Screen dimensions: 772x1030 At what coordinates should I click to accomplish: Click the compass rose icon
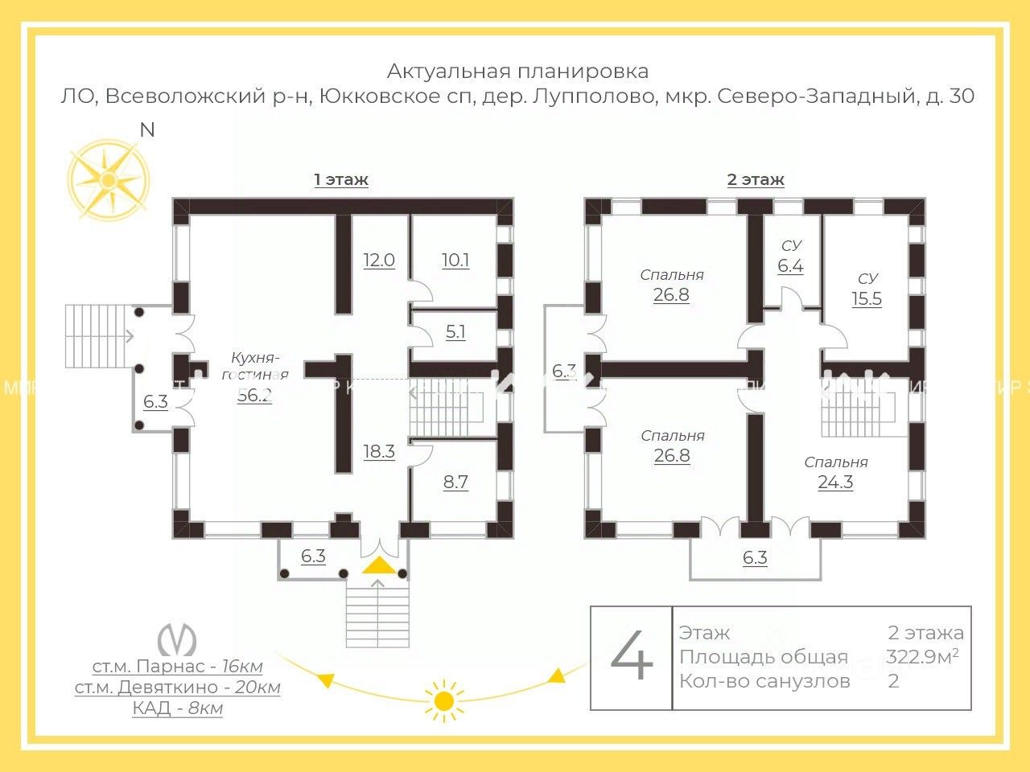tap(108, 179)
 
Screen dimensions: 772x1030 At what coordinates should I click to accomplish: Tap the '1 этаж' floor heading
tap(341, 179)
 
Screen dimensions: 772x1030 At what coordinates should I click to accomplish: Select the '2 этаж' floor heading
tap(755, 179)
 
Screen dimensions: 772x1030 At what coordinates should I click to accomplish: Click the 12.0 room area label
tap(379, 261)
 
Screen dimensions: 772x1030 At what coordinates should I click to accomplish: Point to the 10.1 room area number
tap(455, 261)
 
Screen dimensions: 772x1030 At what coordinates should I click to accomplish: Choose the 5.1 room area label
tap(455, 331)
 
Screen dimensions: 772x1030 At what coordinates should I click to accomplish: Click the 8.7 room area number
tap(455, 482)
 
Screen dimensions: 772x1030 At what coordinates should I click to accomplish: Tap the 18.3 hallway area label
tap(379, 452)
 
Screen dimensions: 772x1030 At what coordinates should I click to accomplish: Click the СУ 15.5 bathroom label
tap(867, 289)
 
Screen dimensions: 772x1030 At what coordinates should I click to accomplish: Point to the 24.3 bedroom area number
tap(835, 482)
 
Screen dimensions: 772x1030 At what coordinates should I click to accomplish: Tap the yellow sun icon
tap(443, 700)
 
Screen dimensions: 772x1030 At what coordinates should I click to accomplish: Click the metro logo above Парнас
tap(177, 639)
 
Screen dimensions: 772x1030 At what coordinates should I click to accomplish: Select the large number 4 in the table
tap(632, 657)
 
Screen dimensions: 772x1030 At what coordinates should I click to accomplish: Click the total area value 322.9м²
tap(922, 657)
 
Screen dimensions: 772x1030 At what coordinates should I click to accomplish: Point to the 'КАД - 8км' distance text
tap(178, 708)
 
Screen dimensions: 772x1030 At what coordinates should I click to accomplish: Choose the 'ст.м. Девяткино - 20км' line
tap(178, 688)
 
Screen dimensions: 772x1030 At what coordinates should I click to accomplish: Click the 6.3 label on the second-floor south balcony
tap(755, 558)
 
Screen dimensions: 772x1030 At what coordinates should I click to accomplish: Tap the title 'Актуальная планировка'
tap(517, 72)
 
